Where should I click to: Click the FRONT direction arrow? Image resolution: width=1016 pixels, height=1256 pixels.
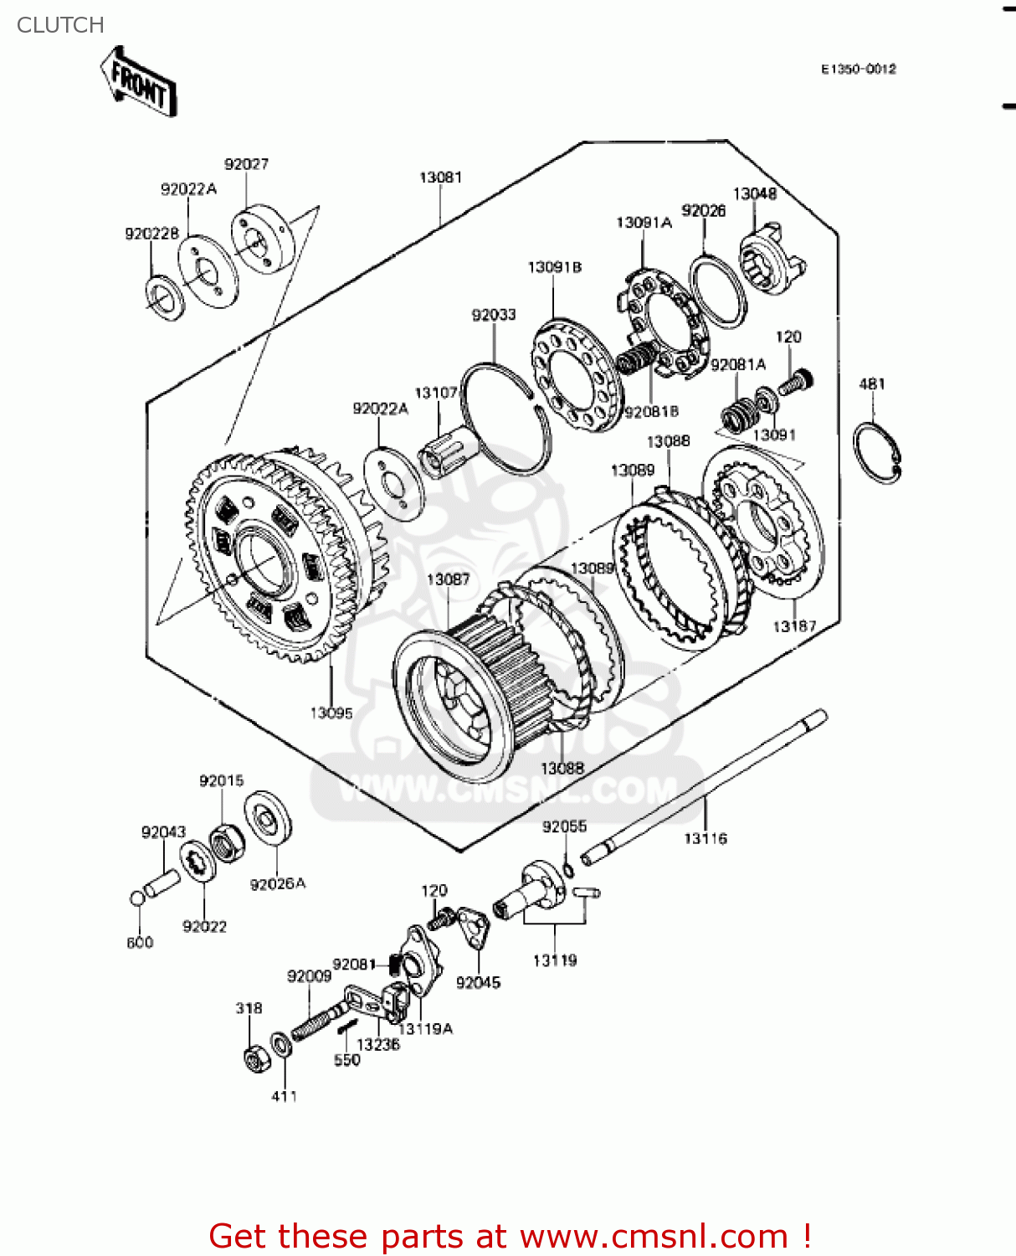[x=138, y=82]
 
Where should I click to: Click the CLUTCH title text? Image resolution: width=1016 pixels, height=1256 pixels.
[x=60, y=25]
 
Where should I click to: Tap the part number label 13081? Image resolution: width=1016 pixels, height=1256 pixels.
[x=440, y=178]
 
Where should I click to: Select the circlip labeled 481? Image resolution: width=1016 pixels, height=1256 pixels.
[x=876, y=452]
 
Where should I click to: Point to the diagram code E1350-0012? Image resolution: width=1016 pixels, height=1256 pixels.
[x=858, y=69]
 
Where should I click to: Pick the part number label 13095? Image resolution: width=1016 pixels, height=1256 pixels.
[x=331, y=713]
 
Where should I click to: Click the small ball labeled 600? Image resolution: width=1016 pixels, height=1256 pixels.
[x=137, y=898]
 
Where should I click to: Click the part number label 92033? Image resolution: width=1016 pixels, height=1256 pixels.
[x=494, y=315]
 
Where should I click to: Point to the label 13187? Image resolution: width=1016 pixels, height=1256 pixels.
[x=794, y=626]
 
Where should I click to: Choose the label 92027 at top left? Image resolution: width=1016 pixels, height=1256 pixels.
[x=246, y=164]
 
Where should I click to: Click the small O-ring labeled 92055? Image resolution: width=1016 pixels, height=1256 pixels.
[x=568, y=869]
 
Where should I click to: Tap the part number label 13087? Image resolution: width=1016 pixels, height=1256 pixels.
[x=448, y=579]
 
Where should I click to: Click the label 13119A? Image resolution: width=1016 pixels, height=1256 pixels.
[x=425, y=1029]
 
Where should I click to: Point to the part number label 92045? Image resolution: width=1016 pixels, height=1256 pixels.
[x=478, y=983]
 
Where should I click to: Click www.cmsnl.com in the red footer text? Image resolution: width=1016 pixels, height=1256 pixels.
[x=653, y=1237]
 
